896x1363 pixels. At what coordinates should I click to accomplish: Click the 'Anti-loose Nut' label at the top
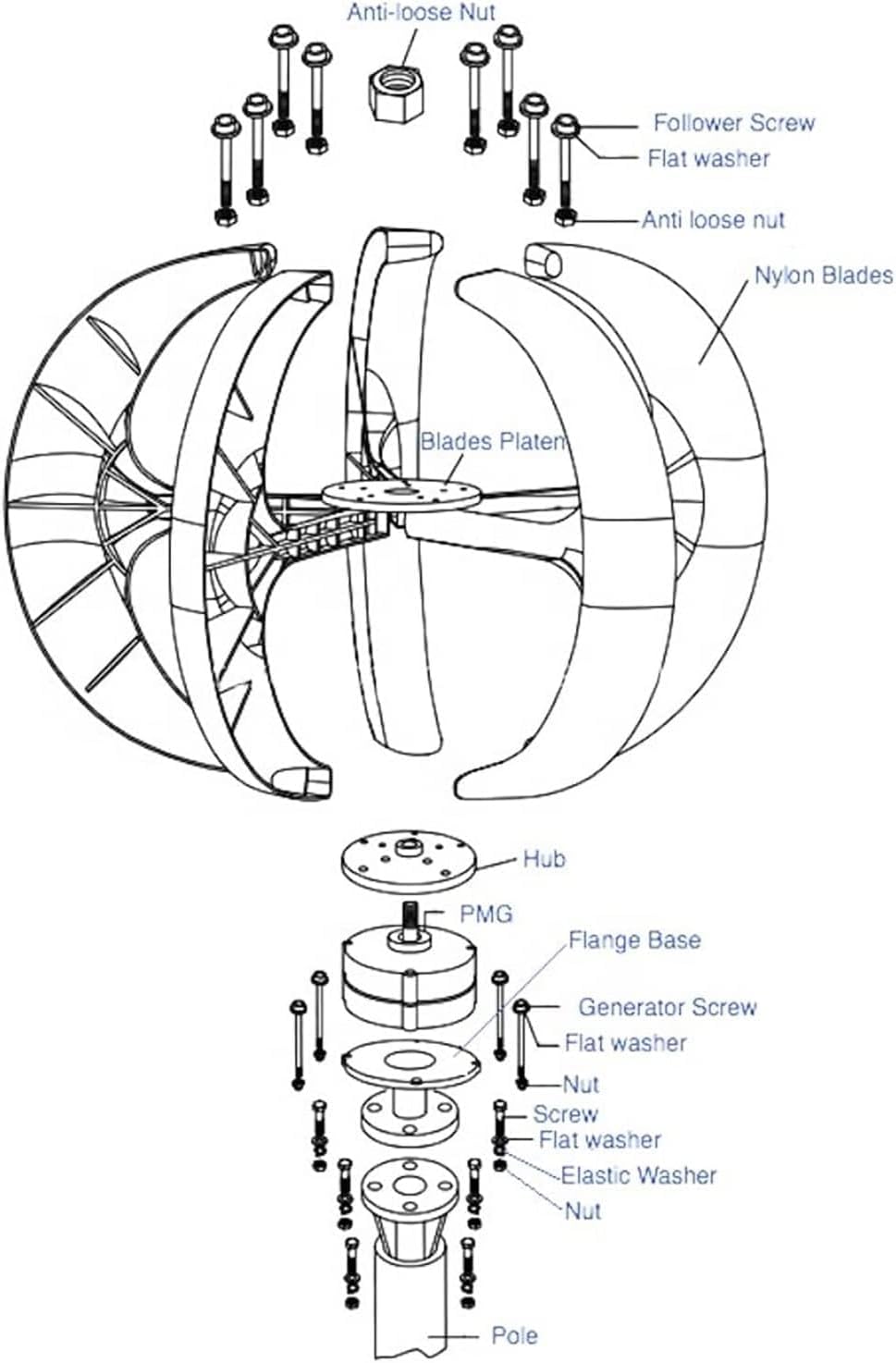tap(421, 13)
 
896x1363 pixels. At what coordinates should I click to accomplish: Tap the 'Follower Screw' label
tap(733, 123)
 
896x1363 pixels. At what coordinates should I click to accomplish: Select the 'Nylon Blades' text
tap(823, 276)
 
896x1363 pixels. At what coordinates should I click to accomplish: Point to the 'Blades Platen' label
tap(492, 441)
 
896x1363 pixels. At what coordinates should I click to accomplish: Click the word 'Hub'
tap(544, 859)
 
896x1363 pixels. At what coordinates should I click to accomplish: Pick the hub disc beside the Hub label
tap(407, 858)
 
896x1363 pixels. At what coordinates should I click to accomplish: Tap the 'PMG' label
tap(485, 915)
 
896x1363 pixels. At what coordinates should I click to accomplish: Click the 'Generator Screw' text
tap(667, 1007)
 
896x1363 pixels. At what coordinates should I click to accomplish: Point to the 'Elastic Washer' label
tap(639, 1175)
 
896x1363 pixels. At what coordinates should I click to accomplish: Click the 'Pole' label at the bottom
tap(513, 1335)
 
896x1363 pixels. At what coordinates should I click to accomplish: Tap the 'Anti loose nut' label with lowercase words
tap(712, 220)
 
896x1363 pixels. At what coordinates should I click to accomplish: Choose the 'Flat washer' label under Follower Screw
tap(707, 158)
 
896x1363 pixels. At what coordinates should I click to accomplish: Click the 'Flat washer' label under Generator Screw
tap(625, 1043)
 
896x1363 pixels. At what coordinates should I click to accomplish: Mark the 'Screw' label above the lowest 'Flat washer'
tap(565, 1114)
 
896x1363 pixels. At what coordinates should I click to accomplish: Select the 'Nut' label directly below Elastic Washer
tap(583, 1210)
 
